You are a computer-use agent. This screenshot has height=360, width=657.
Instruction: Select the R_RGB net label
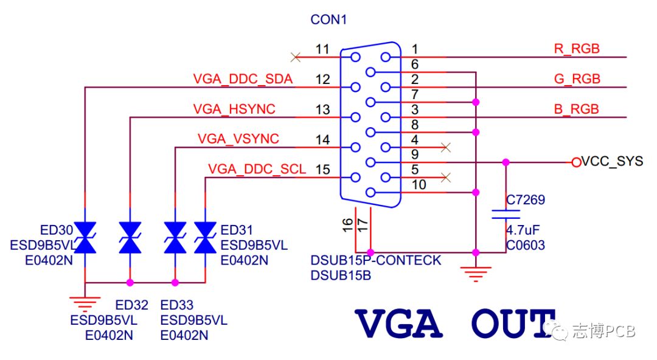pyautogui.click(x=576, y=49)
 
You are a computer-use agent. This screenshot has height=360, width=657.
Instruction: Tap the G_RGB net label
pyautogui.click(x=577, y=79)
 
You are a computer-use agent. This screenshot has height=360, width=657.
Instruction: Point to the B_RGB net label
pyautogui.click(x=576, y=109)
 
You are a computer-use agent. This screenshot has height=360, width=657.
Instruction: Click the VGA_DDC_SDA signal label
pyautogui.click(x=243, y=79)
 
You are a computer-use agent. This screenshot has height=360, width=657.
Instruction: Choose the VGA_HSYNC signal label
pyautogui.click(x=234, y=109)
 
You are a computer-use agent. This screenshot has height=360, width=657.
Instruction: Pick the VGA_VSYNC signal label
pyautogui.click(x=238, y=139)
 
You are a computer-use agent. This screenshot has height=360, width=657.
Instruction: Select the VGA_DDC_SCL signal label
pyautogui.click(x=257, y=169)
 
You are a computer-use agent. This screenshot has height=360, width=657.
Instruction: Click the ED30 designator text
pyautogui.click(x=57, y=230)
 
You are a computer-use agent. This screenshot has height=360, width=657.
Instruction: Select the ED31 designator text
pyautogui.click(x=236, y=230)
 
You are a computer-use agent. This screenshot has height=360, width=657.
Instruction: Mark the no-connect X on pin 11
pyautogui.click(x=296, y=57)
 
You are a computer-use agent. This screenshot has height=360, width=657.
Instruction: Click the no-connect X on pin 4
pyautogui.click(x=445, y=147)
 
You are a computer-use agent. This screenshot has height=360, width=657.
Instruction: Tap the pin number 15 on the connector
pyautogui.click(x=323, y=169)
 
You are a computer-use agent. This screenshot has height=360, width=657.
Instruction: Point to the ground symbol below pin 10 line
pyautogui.click(x=476, y=271)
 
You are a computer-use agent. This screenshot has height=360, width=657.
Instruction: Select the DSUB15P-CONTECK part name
pyautogui.click(x=375, y=261)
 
